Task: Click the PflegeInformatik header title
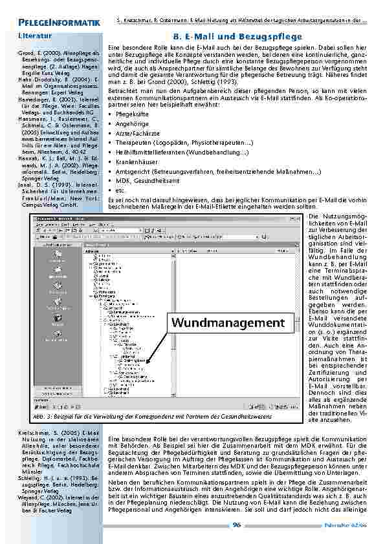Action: pos(60,24)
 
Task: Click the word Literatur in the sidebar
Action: pos(36,36)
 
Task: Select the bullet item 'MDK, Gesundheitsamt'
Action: pos(146,183)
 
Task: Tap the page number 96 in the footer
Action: pos(237,525)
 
